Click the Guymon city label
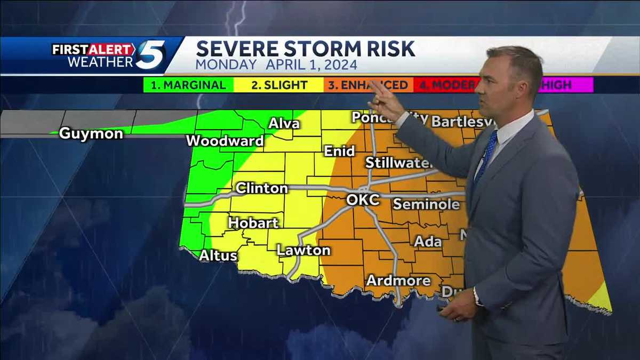pyautogui.click(x=91, y=133)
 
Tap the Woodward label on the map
pyautogui.click(x=225, y=141)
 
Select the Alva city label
pyautogui.click(x=284, y=124)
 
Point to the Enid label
pyautogui.click(x=339, y=151)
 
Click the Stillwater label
pyautogui.click(x=398, y=163)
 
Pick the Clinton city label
pyautogui.click(x=261, y=188)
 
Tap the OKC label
pyautogui.click(x=363, y=200)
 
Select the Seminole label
pyautogui.click(x=426, y=204)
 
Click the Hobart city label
pyautogui.click(x=253, y=222)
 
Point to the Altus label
pyautogui.click(x=218, y=256)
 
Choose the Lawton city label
pyautogui.click(x=303, y=250)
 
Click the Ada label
pyautogui.click(x=428, y=242)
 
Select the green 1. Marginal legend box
pyautogui.click(x=188, y=85)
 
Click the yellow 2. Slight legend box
pyautogui.click(x=279, y=85)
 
